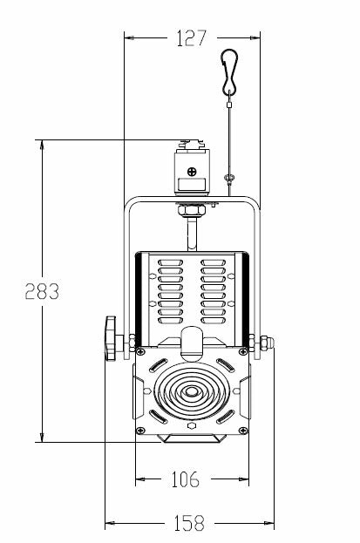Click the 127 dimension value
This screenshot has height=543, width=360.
pyautogui.click(x=191, y=37)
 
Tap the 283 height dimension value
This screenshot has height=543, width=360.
pyautogui.click(x=42, y=291)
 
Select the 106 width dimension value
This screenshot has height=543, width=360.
pyautogui.click(x=186, y=479)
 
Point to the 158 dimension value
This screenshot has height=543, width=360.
pyautogui.click(x=189, y=523)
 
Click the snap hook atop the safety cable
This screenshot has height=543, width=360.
pyautogui.click(x=229, y=71)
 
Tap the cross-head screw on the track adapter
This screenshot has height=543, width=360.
pyautogui.click(x=192, y=172)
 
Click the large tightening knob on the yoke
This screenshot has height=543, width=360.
pyautogui.click(x=112, y=338)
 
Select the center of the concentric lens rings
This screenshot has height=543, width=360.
pyautogui.click(x=190, y=391)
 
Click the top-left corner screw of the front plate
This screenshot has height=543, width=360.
pyautogui.click(x=140, y=352)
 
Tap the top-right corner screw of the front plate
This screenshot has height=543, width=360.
pyautogui.click(x=243, y=352)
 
